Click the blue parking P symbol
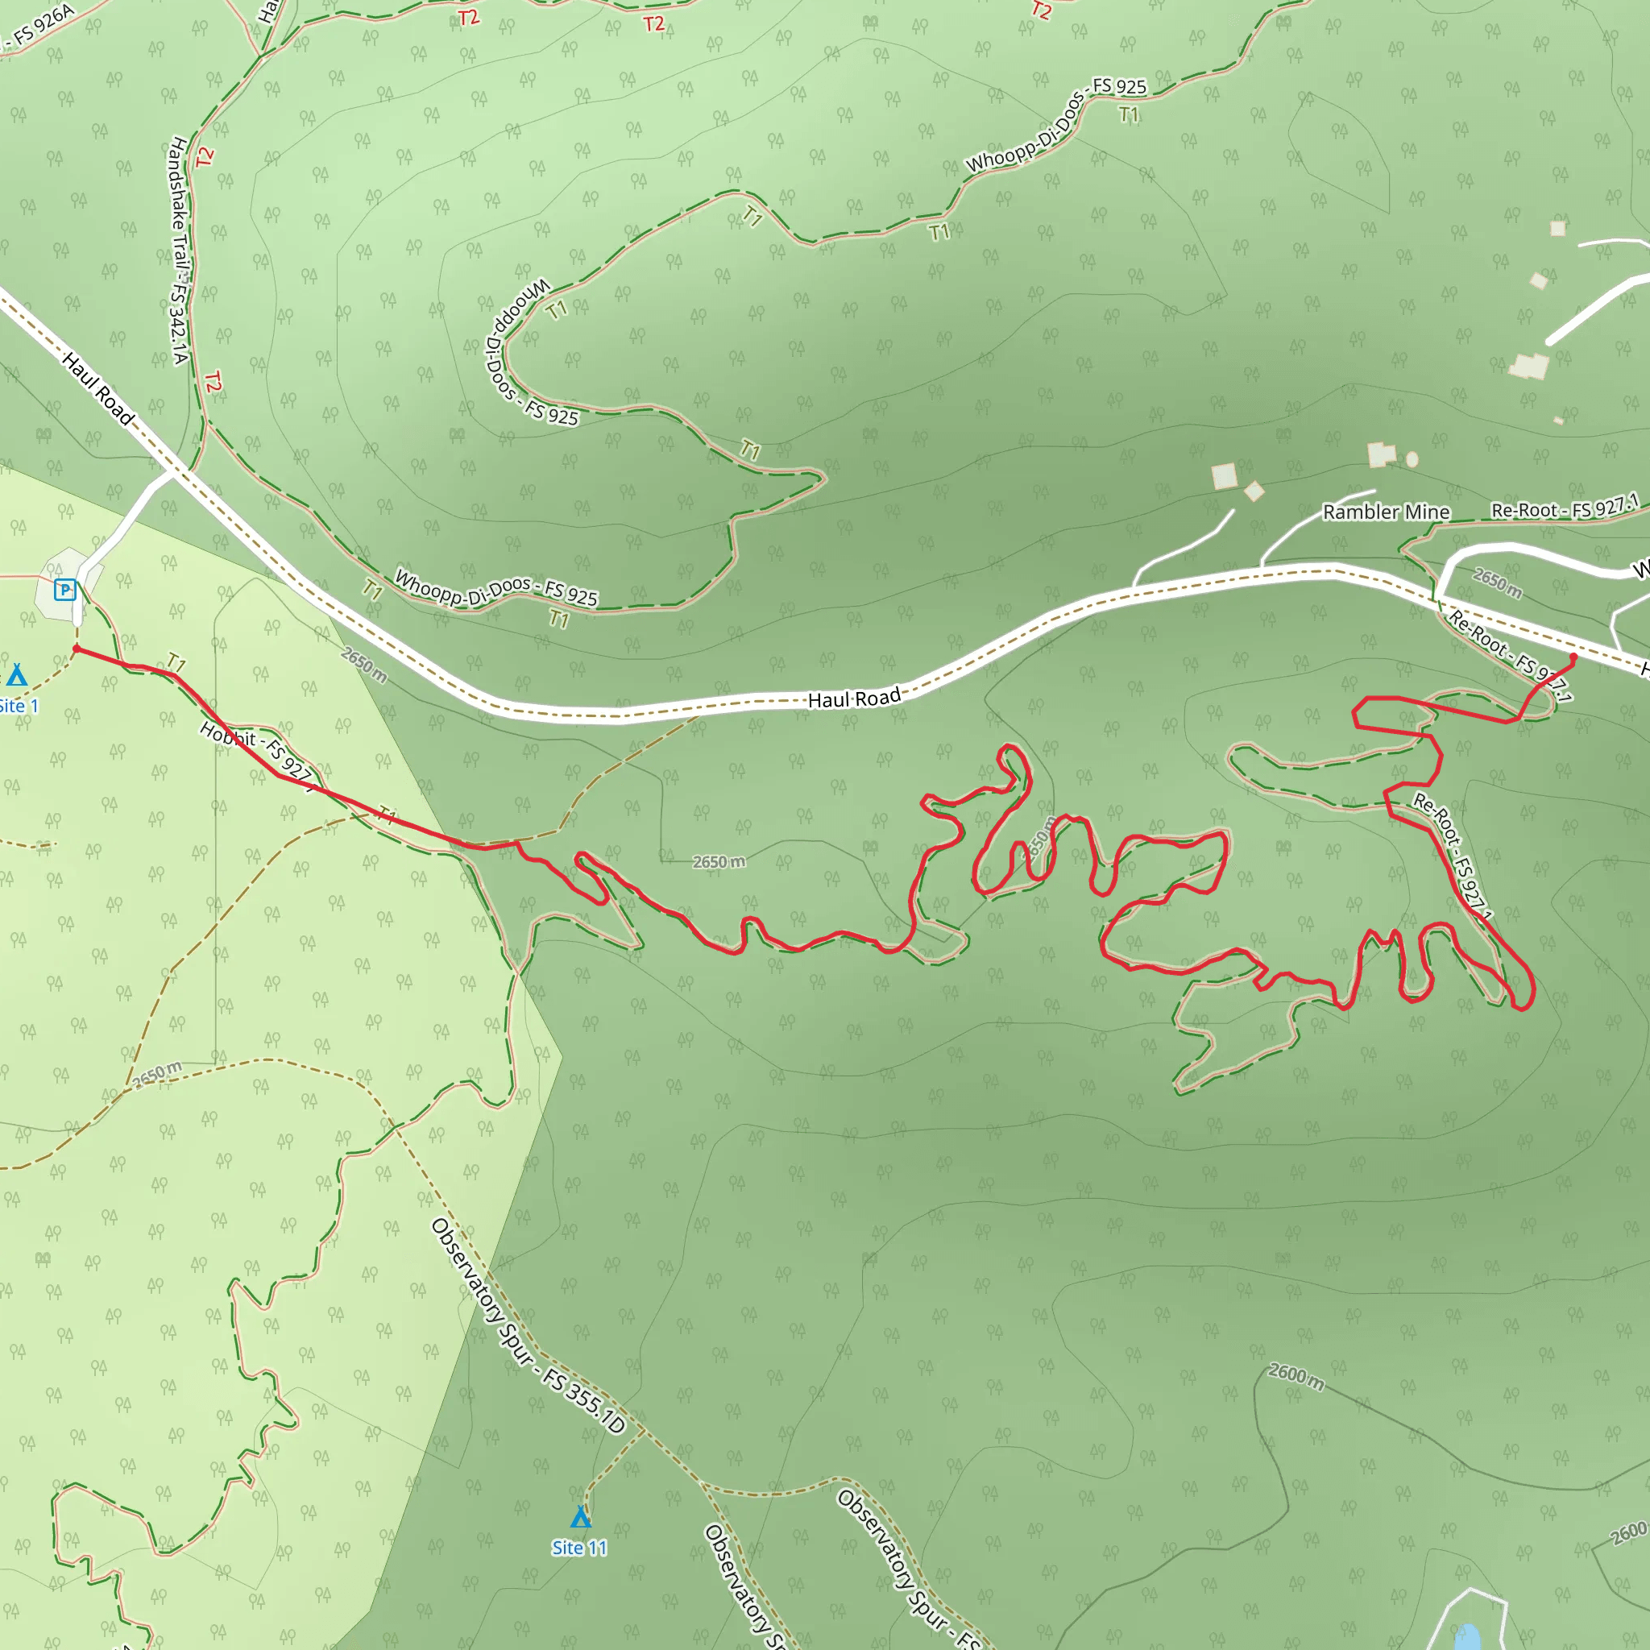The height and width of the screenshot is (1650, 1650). pyautogui.click(x=65, y=589)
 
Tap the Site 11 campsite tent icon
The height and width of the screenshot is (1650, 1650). pyautogui.click(x=581, y=1517)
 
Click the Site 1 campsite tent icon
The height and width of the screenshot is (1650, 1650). pyautogui.click(x=16, y=675)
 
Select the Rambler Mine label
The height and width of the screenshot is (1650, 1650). pyautogui.click(x=1386, y=512)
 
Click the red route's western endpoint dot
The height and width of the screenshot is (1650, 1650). pyautogui.click(x=76, y=649)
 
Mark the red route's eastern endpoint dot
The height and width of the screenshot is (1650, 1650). pyautogui.click(x=1573, y=657)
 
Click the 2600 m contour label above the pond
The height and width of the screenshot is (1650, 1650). pyautogui.click(x=1296, y=1377)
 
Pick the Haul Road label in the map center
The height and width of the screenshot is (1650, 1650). pyautogui.click(x=854, y=698)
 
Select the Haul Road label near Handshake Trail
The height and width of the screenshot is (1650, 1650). pyautogui.click(x=98, y=389)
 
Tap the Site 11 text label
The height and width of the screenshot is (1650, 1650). pyautogui.click(x=579, y=1548)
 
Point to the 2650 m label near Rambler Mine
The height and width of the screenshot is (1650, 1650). pyautogui.click(x=1497, y=582)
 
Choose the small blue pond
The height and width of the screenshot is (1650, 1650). pyautogui.click(x=1467, y=1636)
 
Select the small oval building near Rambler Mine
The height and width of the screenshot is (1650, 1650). pyautogui.click(x=1412, y=459)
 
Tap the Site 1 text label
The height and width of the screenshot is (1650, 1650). pyautogui.click(x=19, y=707)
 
